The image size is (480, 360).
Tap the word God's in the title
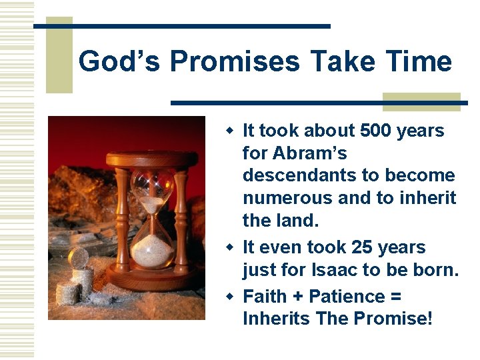[x=120, y=62]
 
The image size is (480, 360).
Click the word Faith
[x=266, y=296]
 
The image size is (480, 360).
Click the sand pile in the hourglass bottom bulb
[x=153, y=253]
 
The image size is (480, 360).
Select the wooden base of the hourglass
[x=153, y=279]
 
